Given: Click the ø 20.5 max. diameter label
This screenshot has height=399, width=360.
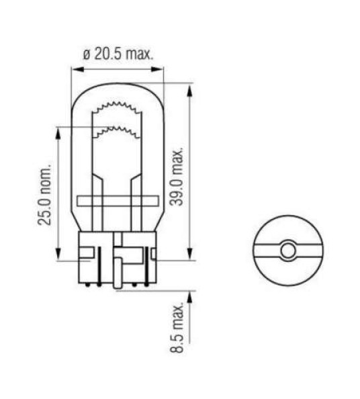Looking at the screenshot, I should click(118, 54).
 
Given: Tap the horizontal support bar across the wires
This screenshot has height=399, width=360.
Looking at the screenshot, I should click(117, 200).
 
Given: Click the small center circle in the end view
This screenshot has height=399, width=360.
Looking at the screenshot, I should click(288, 251).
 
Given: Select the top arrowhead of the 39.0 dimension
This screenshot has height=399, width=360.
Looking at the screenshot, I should click(191, 87).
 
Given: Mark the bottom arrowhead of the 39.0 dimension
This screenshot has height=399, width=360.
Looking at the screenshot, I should click(191, 255).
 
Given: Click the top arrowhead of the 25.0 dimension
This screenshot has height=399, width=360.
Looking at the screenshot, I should click(59, 130).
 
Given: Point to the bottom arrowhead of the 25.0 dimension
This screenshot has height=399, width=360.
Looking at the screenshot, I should click(59, 257).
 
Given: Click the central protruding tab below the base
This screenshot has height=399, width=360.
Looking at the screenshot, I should click(118, 275).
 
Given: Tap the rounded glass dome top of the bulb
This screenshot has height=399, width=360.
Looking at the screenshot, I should click(117, 87).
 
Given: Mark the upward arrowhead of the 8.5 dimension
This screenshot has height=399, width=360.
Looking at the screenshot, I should click(191, 296).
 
